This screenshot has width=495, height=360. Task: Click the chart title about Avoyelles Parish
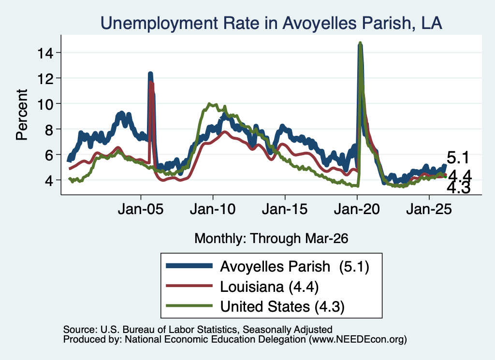click(271, 23)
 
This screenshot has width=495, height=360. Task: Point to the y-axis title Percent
click(22, 115)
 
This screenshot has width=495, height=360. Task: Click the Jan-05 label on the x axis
click(141, 209)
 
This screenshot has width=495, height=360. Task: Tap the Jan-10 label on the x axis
click(213, 209)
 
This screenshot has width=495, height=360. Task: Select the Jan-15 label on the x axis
click(285, 209)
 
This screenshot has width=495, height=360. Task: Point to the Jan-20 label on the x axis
click(357, 209)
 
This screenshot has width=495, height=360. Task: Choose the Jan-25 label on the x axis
click(429, 209)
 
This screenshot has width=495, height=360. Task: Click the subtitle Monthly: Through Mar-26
click(271, 238)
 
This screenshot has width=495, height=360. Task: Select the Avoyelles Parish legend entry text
click(294, 266)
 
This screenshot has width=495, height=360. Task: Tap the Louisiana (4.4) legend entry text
click(269, 287)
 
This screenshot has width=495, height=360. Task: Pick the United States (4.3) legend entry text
click(282, 306)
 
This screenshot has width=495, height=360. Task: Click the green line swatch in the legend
click(189, 306)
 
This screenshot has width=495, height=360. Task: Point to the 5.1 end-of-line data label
click(458, 158)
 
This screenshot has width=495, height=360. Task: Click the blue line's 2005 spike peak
click(150, 74)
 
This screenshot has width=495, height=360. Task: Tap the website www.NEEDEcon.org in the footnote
click(358, 340)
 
